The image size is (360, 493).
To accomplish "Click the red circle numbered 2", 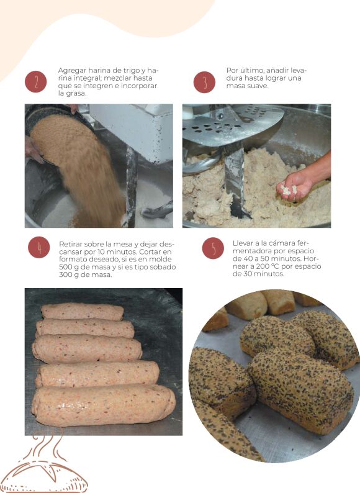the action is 36,82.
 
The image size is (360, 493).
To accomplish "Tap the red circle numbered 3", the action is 204,82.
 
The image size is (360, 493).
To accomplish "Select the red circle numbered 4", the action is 39,248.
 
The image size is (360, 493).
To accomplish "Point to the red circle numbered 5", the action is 213,248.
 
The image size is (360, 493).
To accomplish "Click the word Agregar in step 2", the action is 72,70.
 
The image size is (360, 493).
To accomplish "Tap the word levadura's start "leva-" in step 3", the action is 299,70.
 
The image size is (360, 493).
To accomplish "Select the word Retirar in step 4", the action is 70,244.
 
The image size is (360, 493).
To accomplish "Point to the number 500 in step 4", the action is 65,267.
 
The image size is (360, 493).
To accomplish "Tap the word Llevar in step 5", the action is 242,243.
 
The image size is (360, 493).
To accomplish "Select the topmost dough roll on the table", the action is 83,311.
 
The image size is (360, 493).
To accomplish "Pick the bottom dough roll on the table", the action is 104,405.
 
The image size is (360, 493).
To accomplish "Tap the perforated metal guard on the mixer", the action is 233,125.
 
